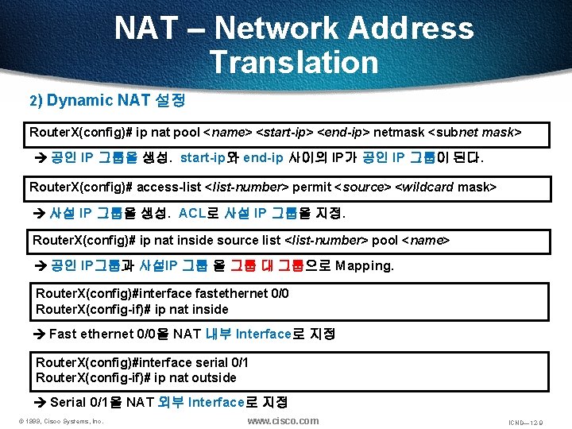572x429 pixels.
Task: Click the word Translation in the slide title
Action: [294, 62]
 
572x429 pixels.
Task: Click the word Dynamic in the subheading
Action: [79, 100]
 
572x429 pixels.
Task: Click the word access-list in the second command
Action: [169, 187]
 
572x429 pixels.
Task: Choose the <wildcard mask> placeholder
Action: [445, 187]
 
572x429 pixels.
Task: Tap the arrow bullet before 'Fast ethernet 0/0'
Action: [41, 334]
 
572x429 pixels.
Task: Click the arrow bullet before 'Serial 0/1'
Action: [41, 403]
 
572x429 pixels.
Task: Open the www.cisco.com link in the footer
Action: [283, 420]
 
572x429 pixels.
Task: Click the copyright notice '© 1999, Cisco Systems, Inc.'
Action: [62, 421]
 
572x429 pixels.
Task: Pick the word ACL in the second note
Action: [192, 214]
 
